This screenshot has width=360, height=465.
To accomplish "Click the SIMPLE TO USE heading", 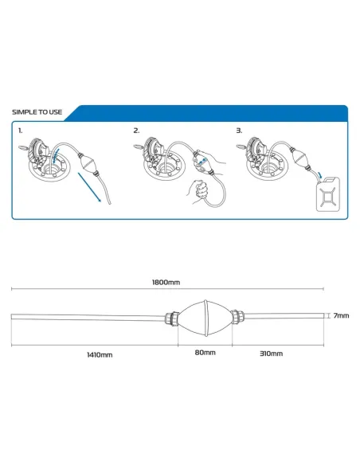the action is pos(37,112).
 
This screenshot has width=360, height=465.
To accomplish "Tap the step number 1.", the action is pos(20,131).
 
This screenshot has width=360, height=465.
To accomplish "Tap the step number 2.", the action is pos(136,131).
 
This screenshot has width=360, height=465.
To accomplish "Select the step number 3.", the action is pos(239,131).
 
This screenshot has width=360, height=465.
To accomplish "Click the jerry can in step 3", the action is pos(328,194).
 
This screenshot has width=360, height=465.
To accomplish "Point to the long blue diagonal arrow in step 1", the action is pos(89,187).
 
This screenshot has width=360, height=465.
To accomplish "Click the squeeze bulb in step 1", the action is pos(87,163).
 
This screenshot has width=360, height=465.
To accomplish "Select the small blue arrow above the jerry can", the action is pos(319,174).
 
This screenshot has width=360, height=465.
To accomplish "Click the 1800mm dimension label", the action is pos(166,282).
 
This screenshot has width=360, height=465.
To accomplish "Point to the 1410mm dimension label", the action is pos(100,354).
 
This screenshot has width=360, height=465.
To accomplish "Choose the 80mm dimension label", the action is pos(205,353).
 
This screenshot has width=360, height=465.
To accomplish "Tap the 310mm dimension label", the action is pos(271,354).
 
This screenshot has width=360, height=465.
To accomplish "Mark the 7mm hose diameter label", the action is pos(341,315).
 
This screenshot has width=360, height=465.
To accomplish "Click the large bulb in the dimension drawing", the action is pos(205,318).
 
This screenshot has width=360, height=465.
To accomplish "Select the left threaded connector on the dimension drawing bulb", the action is pos(172,318).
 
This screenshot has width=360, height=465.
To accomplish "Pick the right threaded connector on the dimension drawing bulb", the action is pos(238,317).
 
